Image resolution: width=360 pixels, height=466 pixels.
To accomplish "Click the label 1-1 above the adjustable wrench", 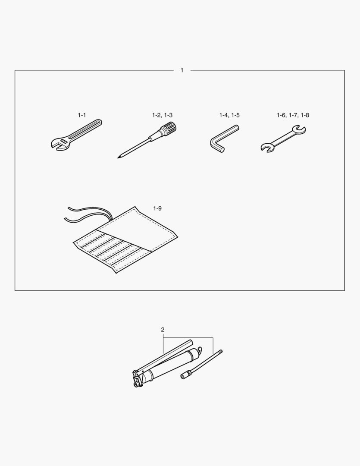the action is click(x=81, y=115).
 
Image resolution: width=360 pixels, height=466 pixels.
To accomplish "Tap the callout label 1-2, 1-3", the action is click(x=162, y=115).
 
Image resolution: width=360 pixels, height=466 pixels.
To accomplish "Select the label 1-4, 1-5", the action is click(x=229, y=115).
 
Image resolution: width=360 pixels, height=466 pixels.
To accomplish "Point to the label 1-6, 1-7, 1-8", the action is click(x=293, y=115).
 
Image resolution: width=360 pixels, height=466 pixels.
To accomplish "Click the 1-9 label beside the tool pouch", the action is click(x=157, y=208).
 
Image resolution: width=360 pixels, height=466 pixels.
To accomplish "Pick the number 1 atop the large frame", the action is click(x=182, y=70).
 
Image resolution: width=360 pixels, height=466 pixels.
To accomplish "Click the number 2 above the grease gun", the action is click(x=163, y=330).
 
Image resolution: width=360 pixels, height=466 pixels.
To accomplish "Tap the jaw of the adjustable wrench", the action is click(x=56, y=144).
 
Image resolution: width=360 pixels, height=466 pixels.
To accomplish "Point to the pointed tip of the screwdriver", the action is click(x=118, y=157).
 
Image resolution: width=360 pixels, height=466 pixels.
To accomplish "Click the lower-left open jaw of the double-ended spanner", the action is click(x=267, y=148).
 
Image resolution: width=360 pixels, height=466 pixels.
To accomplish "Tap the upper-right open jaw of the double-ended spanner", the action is click(x=299, y=129).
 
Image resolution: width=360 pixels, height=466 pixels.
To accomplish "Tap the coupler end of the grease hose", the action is click(x=185, y=375).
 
